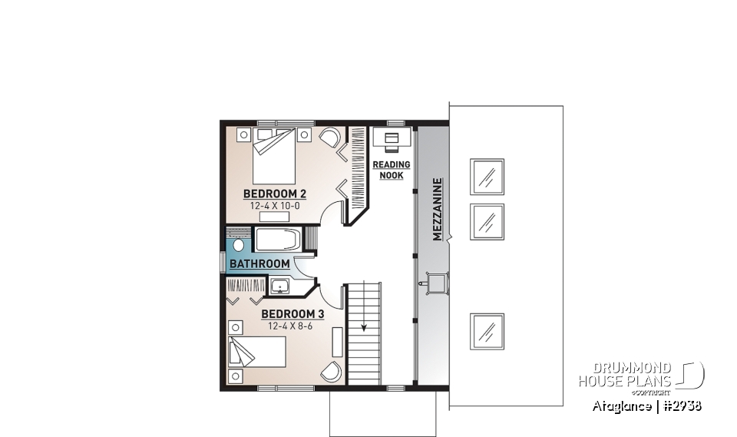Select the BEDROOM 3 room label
292,314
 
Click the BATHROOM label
260,264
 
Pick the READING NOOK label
392,170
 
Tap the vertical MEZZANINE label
438,210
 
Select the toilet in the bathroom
238,246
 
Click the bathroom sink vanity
280,287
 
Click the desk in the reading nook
392,139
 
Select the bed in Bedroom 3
258,353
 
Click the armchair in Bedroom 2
329,139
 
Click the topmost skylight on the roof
487,177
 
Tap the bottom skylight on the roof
487,331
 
